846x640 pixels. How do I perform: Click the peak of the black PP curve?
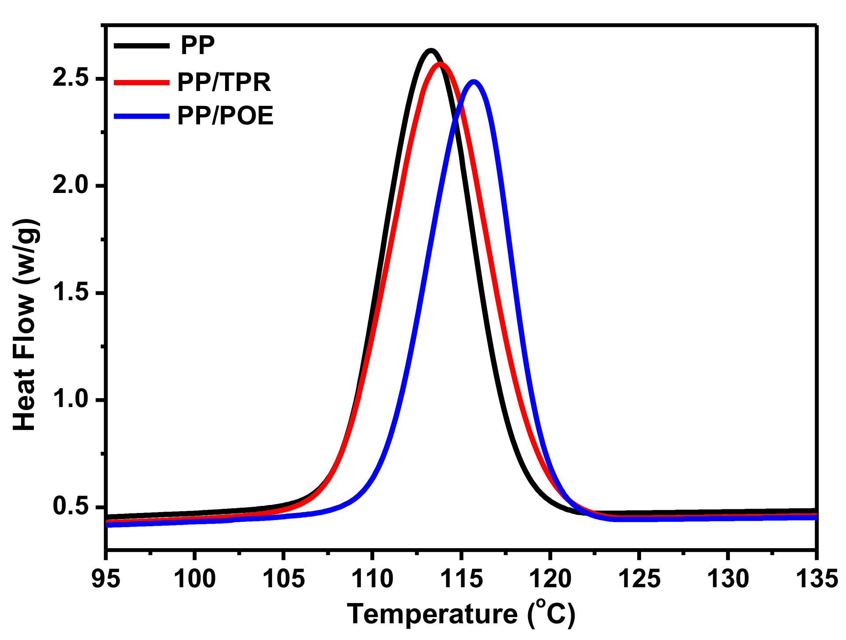430,51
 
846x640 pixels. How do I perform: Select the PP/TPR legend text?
224,82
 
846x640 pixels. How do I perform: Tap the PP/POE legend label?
225,116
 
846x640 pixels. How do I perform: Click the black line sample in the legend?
141,46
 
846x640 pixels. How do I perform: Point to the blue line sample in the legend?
141,116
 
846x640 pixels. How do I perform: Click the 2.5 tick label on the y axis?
70,78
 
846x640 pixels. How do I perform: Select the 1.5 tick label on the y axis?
70,292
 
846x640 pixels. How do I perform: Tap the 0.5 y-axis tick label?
70,506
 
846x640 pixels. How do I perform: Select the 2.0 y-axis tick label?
70,185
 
